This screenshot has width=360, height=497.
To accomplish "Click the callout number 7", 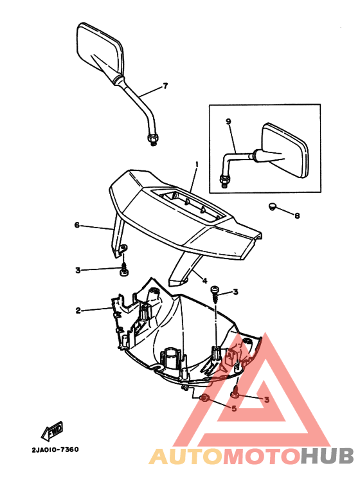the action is tap(165, 86).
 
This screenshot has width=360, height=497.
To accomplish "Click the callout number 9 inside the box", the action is tap(228, 121).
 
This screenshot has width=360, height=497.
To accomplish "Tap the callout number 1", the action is tap(197, 165).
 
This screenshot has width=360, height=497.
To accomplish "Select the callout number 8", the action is tap(297, 215).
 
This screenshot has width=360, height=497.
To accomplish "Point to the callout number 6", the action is tap(77, 225).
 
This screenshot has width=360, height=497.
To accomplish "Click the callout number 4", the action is tap(204, 281).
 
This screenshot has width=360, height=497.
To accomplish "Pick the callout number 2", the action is tap(78, 311).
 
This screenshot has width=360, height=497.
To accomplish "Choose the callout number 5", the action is tap(234, 408).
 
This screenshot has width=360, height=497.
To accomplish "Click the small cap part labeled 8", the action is tap(272, 206).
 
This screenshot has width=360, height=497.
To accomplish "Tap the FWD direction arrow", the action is tap(52, 431).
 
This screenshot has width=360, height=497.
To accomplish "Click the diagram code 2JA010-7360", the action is tap(55, 449).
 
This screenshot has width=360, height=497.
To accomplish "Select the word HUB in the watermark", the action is tap(327, 456).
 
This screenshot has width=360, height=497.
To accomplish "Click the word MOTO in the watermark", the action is tap(262, 456).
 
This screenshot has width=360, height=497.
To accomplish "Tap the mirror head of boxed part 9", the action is tap(285, 150).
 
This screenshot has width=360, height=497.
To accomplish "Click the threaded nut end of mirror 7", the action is tap(153, 139).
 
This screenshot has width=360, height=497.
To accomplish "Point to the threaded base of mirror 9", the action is tap(224, 181).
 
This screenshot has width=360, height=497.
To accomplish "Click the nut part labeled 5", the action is tap(205, 399).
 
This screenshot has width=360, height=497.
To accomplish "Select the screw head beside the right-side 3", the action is tap(214, 289).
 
